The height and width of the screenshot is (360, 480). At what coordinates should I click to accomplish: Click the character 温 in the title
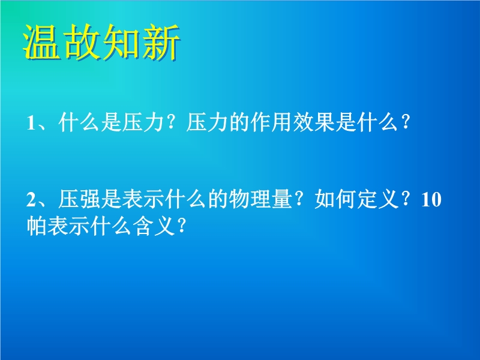click(41, 42)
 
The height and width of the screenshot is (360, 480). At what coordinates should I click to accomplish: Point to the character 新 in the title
click(161, 42)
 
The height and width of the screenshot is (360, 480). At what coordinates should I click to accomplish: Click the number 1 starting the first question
click(31, 123)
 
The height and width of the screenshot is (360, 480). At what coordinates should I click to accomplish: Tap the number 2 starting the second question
click(31, 200)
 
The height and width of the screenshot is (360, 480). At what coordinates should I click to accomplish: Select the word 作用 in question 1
click(271, 122)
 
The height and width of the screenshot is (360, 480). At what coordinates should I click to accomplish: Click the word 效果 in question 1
click(314, 122)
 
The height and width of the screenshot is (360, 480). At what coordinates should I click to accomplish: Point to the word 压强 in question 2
click(79, 199)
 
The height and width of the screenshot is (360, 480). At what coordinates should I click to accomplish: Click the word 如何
click(335, 199)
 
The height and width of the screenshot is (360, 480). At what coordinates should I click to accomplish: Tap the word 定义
click(379, 199)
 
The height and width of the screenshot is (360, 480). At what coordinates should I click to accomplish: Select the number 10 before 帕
click(431, 200)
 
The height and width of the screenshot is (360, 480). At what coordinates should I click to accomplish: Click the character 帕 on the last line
click(37, 226)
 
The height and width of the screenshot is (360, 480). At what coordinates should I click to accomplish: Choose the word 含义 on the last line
click(154, 226)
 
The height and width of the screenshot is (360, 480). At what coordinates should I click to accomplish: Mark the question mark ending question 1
click(406, 122)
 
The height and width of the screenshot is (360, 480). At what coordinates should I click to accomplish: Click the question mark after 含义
click(182, 226)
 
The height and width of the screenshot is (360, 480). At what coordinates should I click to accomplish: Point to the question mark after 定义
click(406, 199)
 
